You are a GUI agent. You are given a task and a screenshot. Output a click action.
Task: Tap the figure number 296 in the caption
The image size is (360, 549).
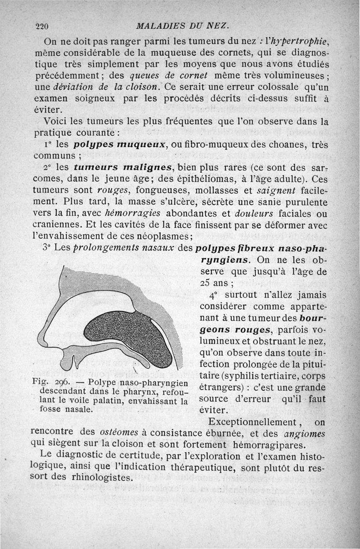point(64,382)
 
